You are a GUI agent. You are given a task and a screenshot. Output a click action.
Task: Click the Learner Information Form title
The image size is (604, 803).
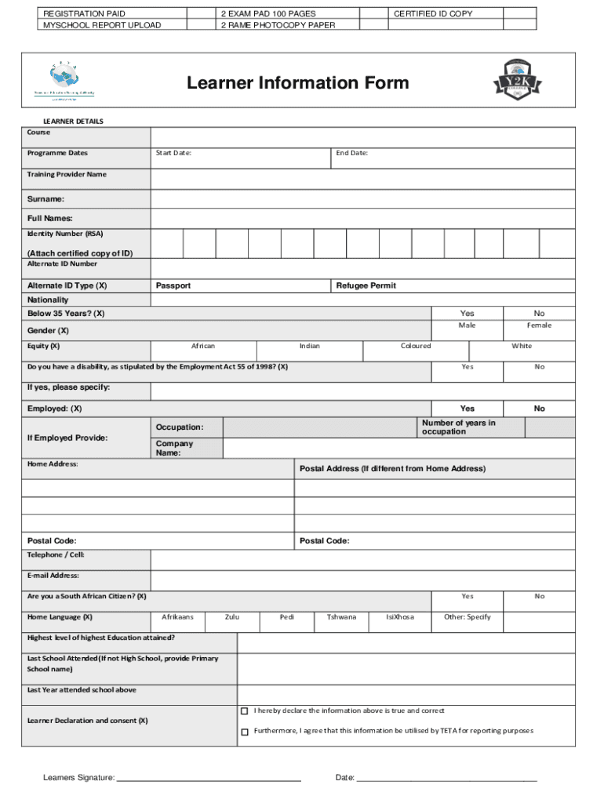(297, 83)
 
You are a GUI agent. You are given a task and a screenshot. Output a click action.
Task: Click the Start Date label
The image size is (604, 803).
(173, 153)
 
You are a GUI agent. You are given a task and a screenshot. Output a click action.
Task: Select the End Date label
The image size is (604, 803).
(352, 153)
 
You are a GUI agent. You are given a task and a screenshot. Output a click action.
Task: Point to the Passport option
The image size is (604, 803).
(173, 286)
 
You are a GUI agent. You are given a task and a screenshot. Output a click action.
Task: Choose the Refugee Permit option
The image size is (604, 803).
(366, 286)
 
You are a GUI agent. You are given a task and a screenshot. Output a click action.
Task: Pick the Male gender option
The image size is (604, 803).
(467, 325)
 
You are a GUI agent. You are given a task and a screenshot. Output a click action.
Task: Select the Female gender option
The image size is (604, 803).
(539, 325)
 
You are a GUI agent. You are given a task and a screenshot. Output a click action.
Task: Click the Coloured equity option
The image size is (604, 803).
(416, 346)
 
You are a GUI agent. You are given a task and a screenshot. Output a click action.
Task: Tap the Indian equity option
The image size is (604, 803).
(309, 346)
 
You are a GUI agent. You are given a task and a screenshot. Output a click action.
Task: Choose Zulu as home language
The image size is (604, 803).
(232, 617)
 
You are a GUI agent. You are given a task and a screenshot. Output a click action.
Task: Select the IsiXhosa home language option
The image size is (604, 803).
(400, 617)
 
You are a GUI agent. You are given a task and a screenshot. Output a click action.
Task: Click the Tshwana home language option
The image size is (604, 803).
(341, 617)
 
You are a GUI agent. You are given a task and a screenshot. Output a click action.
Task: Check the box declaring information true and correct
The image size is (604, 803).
(244, 711)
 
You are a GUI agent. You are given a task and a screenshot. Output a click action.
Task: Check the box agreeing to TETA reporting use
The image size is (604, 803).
(244, 732)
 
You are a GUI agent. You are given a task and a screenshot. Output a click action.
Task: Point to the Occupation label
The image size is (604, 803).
(179, 427)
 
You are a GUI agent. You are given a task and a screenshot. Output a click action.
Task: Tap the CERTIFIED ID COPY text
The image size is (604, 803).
(433, 14)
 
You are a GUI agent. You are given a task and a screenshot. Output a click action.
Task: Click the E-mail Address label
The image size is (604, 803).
(53, 576)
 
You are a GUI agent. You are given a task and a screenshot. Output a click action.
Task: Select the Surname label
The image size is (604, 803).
(45, 199)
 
